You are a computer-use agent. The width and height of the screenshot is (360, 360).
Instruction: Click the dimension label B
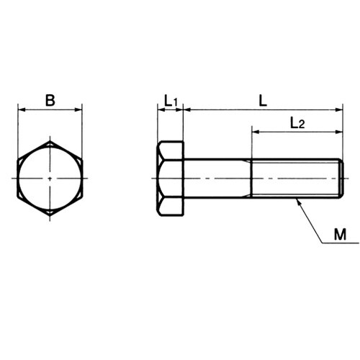(x=50, y=100)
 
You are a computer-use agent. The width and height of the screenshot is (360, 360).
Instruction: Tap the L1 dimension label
(x=171, y=101)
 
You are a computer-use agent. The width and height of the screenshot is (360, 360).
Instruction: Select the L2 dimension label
(x=297, y=123)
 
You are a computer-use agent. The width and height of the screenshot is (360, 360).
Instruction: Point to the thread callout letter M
(x=340, y=235)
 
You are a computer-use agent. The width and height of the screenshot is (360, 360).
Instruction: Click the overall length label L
(x=264, y=101)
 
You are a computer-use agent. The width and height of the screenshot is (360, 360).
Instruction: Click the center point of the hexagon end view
(x=50, y=179)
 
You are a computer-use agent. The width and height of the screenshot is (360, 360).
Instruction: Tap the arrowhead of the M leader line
(x=298, y=202)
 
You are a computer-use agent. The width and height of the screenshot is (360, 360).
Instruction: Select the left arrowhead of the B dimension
(x=22, y=110)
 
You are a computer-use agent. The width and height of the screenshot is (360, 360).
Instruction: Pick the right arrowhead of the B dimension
(x=78, y=110)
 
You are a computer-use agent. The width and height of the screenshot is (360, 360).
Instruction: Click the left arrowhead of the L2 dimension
(x=256, y=132)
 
